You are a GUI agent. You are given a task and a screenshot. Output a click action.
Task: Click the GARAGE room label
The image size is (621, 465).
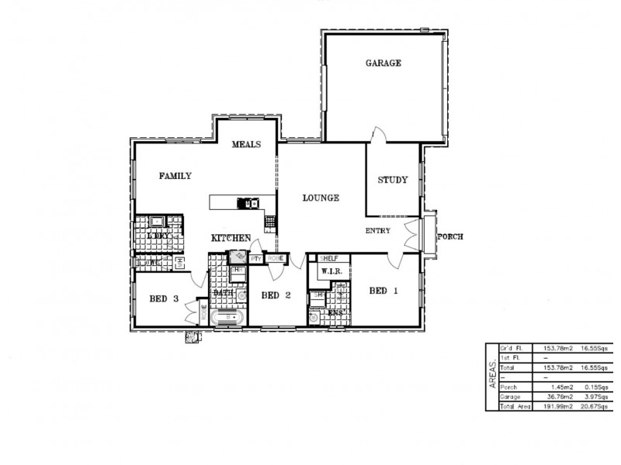(383, 64)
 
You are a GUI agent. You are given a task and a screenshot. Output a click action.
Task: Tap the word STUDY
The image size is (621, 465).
(392, 180)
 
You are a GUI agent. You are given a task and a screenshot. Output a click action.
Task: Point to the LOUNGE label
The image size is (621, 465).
(321, 198)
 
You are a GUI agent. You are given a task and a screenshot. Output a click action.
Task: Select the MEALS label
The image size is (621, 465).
(246, 144)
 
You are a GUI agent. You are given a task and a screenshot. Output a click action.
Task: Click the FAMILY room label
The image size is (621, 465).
(175, 176)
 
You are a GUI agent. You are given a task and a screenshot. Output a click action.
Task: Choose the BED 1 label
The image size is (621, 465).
(383, 291)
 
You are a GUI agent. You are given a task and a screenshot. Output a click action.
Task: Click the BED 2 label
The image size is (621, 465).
(276, 294)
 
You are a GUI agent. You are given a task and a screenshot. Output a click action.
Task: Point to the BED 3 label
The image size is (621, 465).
(165, 298)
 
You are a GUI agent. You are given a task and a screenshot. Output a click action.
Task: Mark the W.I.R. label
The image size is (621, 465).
(321, 272)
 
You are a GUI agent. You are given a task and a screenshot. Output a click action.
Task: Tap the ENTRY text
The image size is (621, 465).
(377, 231)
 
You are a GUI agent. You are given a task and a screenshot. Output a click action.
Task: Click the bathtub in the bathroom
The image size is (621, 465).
(228, 318)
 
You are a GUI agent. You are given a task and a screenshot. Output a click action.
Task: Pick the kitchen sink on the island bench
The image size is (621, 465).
(252, 204)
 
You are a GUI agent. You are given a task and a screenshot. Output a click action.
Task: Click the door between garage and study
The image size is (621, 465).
(374, 135)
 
